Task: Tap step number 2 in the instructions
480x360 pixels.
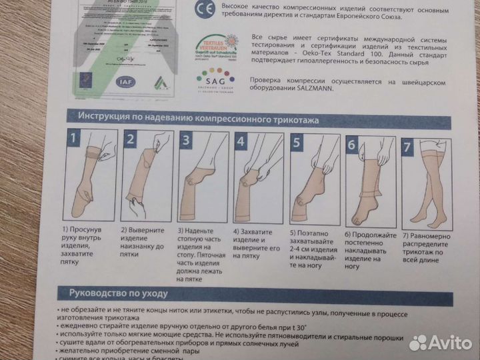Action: (131, 140)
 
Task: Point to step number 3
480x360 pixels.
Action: (187, 141)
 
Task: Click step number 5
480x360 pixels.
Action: (297, 143)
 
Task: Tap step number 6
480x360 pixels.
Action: (352, 144)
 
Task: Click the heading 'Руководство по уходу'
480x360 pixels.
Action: (113, 293)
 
